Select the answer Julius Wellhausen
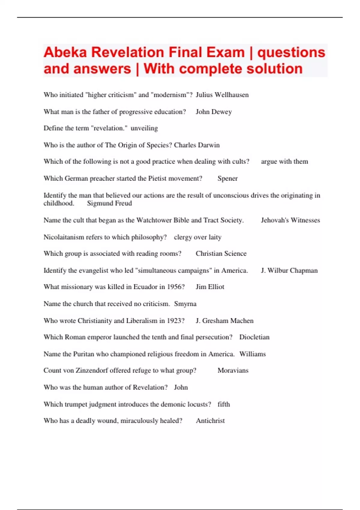[x=222, y=95]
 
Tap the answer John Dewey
[x=214, y=112]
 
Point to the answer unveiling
[x=144, y=128]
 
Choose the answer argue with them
[x=284, y=161]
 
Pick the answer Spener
[x=227, y=178]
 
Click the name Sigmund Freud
[x=109, y=203]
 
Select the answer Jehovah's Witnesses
[x=290, y=220]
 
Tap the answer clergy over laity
[x=197, y=237]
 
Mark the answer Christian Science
[x=221, y=253]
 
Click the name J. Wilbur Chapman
[x=289, y=271]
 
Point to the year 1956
[x=175, y=287]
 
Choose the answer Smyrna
[x=185, y=304]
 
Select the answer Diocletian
[x=254, y=337]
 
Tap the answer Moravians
[x=233, y=370]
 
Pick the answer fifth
[x=224, y=404]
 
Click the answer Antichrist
[x=210, y=421]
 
